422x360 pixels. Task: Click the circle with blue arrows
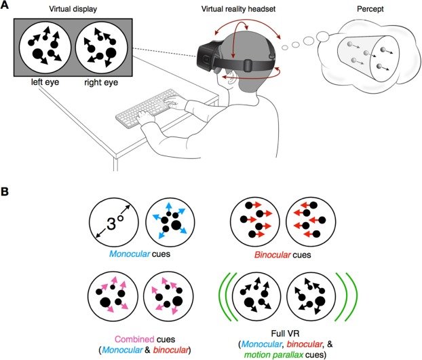170,228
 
